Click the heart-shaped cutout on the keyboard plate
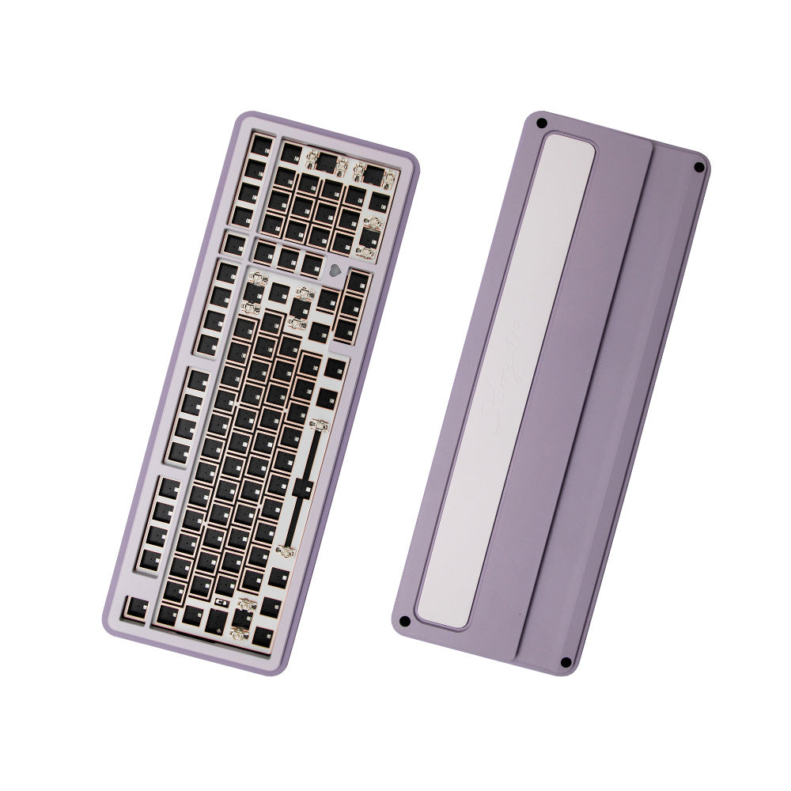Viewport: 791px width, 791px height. click(335, 269)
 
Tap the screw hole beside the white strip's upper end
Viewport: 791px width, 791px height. click(542, 123)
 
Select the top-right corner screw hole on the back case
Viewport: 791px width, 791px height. click(698, 167)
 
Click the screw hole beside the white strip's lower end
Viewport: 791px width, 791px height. click(404, 621)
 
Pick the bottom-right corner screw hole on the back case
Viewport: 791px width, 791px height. click(565, 662)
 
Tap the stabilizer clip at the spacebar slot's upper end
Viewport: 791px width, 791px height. click(319, 426)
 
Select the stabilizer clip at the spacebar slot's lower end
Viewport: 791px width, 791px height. click(286, 549)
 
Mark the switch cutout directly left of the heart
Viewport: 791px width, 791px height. click(312, 264)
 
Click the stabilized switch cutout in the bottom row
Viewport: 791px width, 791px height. click(242, 623)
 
